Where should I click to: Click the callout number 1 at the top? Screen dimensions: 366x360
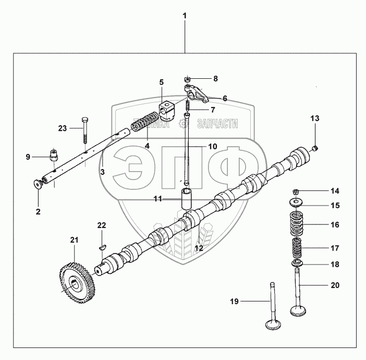pyautogui.click(x=184, y=16)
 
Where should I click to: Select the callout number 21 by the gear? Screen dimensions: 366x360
pyautogui.click(x=75, y=239)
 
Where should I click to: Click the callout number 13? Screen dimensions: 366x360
pyautogui.click(x=314, y=118)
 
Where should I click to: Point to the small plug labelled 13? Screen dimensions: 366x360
pyautogui.click(x=314, y=149)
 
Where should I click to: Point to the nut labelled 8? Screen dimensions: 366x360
pyautogui.click(x=187, y=79)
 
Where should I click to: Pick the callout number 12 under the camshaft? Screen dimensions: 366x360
pyautogui.click(x=199, y=248)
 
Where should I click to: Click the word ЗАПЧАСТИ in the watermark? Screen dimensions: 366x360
pyautogui.click(x=218, y=124)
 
